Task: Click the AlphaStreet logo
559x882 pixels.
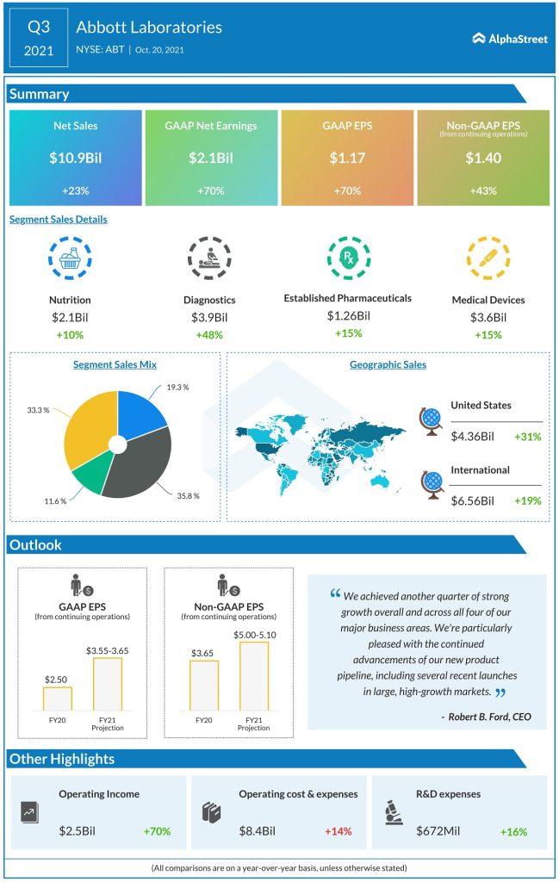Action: (x=510, y=38)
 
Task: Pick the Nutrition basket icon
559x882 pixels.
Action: (x=70, y=257)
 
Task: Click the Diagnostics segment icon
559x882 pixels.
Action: (x=208, y=257)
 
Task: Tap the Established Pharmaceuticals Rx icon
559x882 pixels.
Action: (x=347, y=256)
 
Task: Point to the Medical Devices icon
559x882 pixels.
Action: (x=488, y=257)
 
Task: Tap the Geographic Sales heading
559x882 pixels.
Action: (x=388, y=364)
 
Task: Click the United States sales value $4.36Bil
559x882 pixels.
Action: (x=472, y=437)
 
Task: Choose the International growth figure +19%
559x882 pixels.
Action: (x=527, y=500)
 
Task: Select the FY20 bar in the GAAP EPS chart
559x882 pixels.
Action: (x=58, y=699)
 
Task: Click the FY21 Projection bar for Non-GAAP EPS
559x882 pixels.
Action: (x=253, y=676)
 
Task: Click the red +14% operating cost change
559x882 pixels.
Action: (x=339, y=831)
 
